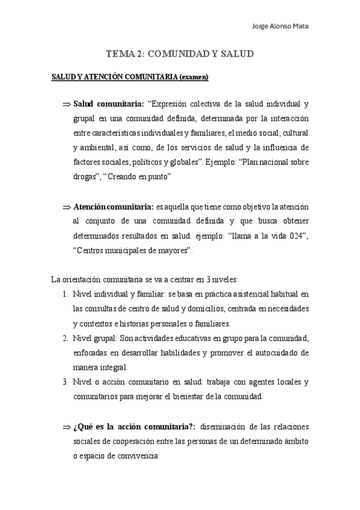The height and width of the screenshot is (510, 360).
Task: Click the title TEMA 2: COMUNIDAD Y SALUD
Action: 180,54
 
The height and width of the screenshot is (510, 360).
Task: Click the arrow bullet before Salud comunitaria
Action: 66,104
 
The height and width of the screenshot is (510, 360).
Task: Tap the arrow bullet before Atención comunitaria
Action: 66,207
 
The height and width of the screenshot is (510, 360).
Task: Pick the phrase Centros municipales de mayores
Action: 132,250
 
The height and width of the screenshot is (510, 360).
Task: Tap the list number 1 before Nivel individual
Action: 65,294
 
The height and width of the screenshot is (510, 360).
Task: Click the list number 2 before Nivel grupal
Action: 65,338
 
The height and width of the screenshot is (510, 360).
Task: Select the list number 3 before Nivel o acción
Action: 65,382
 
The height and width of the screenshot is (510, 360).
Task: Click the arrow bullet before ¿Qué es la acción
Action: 66,427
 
